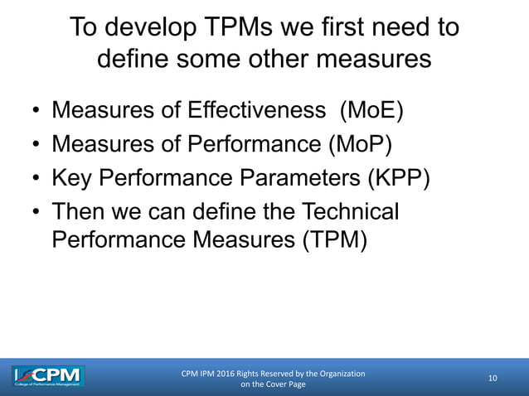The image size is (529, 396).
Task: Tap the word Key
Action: [73, 180]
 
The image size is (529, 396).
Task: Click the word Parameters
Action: [278, 180]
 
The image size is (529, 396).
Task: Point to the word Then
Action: [80, 213]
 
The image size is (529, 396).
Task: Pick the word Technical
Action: [348, 213]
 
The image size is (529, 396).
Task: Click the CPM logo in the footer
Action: [48, 377]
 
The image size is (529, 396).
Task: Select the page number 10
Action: [493, 379]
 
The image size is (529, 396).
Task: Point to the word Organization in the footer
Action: [337, 374]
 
